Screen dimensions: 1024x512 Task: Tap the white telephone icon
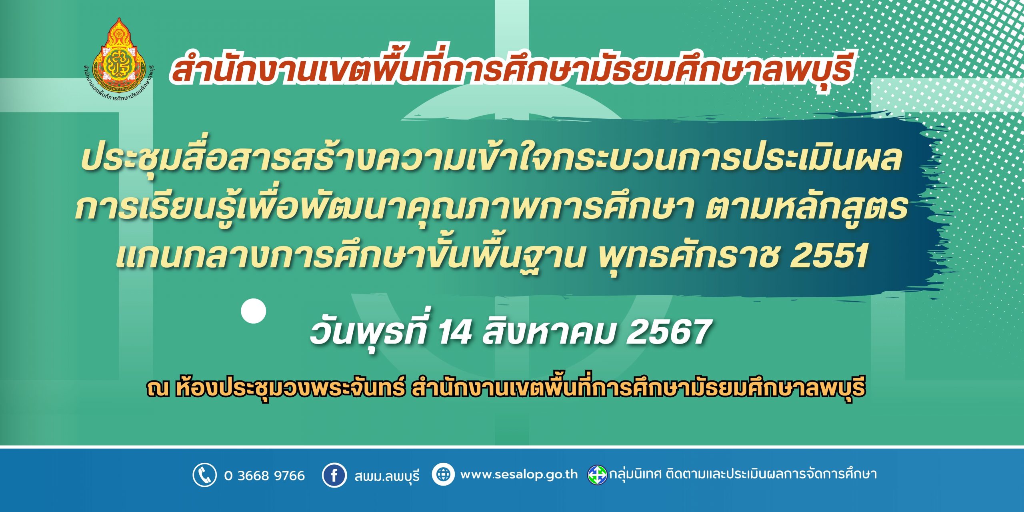[x=205, y=475]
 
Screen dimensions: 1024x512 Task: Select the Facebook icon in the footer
[x=334, y=475]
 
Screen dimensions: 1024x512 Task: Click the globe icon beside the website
[x=443, y=475]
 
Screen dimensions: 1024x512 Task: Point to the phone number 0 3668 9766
[x=264, y=475]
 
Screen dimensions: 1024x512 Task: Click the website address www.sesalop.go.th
[x=519, y=475]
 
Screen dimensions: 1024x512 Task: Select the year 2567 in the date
[x=668, y=332]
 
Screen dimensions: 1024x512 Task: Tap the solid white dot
[x=254, y=310]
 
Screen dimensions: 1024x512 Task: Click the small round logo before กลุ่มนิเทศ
[x=597, y=475]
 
